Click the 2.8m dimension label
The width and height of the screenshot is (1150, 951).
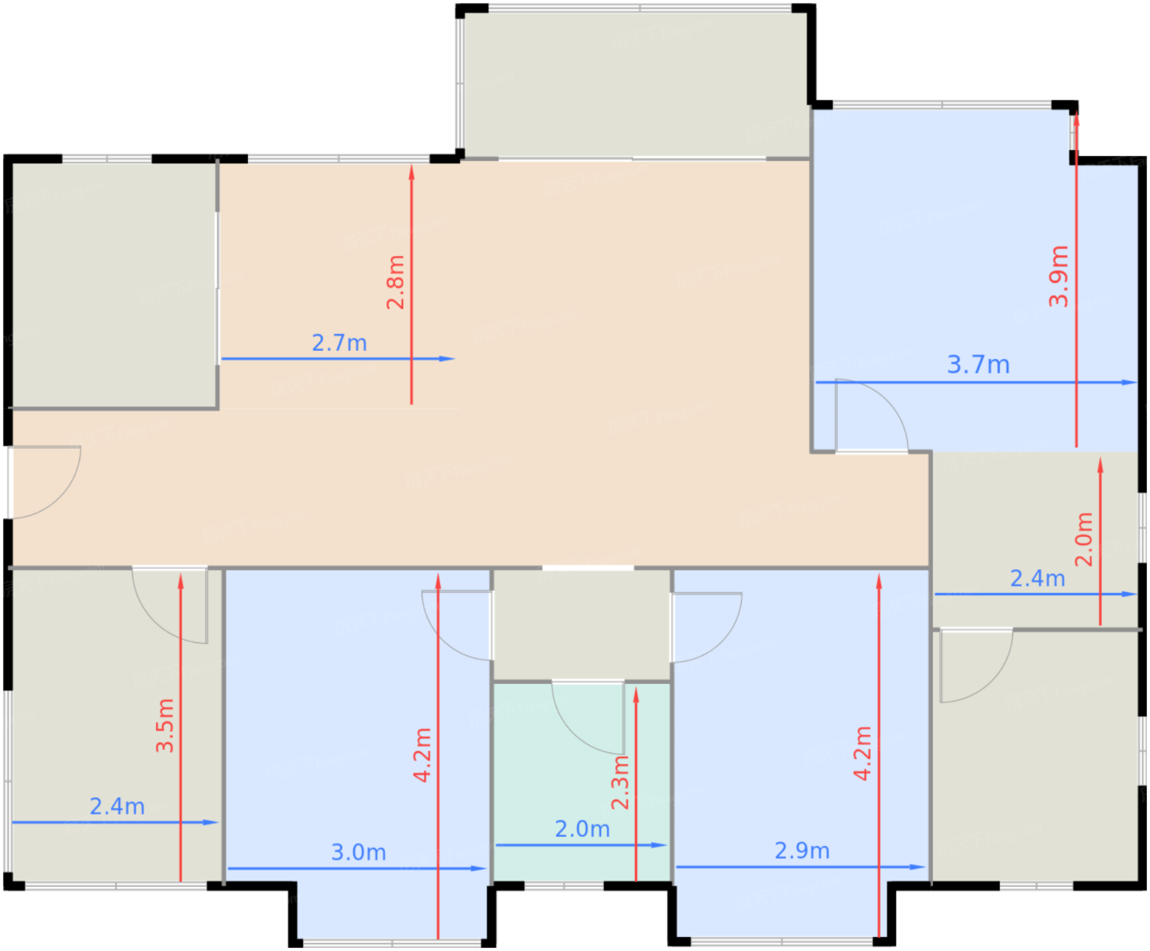tap(395, 283)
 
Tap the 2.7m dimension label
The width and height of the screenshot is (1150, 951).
tap(339, 343)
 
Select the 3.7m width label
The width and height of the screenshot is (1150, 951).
tap(978, 365)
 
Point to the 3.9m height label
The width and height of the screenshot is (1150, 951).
tap(1058, 276)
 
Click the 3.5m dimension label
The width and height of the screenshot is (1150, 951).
tap(164, 725)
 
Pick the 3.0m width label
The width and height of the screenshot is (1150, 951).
tap(358, 852)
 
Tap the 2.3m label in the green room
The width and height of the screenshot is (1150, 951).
tap(620, 782)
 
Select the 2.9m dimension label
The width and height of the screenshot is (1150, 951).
tap(802, 851)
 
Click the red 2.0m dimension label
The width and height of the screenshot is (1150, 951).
tap(1084, 539)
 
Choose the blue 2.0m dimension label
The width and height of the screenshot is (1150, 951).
tap(582, 829)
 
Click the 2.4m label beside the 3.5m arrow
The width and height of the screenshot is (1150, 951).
tap(117, 806)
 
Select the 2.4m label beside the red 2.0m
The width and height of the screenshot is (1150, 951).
tap(1037, 578)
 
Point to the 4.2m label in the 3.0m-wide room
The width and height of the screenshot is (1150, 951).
tap(422, 755)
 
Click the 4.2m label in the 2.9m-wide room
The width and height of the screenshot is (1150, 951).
tap(863, 753)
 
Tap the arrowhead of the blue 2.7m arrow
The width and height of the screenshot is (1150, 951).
tap(448, 359)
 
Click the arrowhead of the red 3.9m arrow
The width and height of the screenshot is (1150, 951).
tap(1076, 119)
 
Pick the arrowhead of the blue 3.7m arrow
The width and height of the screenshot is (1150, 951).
tap(1129, 382)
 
